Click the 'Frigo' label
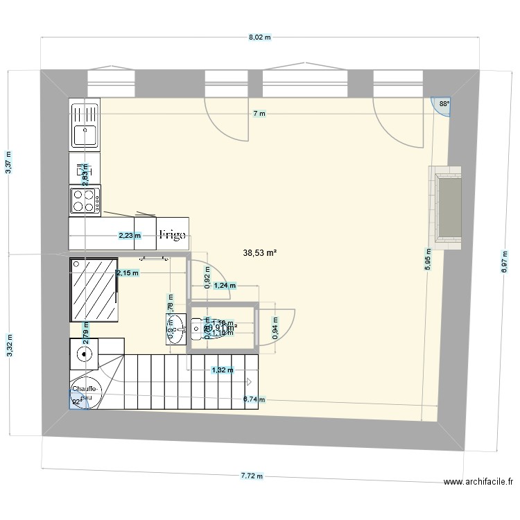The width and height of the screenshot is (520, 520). tap(171, 235)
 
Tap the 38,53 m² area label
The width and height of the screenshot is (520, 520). tap(260, 254)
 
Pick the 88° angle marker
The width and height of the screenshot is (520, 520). tap(444, 105)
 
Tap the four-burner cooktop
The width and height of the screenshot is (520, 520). tap(85, 201)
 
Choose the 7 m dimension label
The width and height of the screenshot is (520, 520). tap(259, 114)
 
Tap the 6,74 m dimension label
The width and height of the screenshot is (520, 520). tap(254, 399)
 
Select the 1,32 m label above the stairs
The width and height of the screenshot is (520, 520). tap(222, 370)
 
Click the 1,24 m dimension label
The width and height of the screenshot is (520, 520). tap(224, 285)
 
